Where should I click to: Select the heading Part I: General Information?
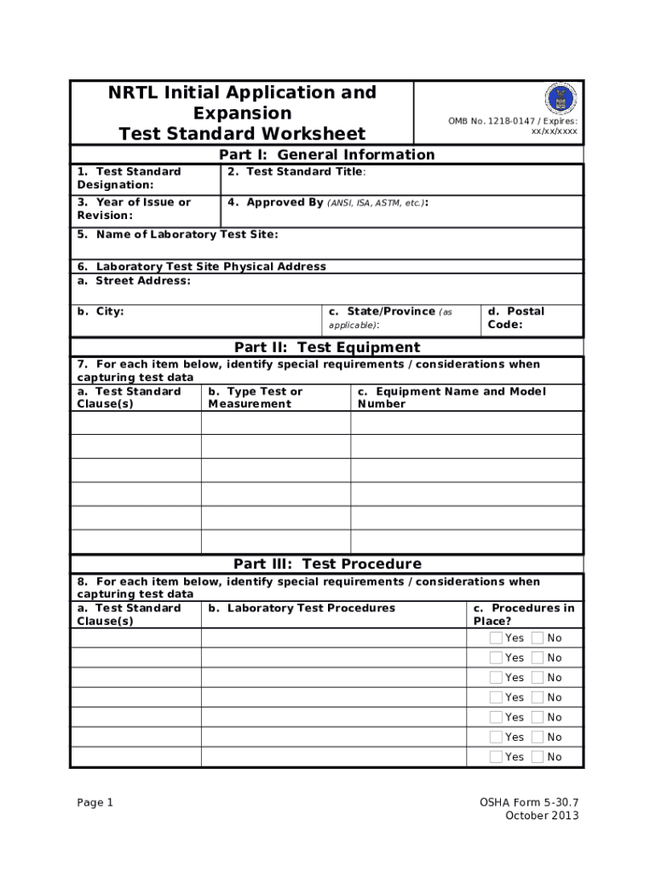pos(326,154)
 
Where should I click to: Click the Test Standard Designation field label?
pos(129,178)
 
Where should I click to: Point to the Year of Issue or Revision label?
pos(134,209)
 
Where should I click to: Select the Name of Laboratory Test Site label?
pos(177,234)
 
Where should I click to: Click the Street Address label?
pos(134,280)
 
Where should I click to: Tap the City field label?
pos(101,311)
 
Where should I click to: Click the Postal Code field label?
pos(516,318)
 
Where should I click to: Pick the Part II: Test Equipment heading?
pos(326,347)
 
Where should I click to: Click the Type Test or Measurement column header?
pos(255,397)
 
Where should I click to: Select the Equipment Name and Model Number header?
pos(451,397)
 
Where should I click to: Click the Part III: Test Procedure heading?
pos(326,564)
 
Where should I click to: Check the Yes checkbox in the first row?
pos(496,638)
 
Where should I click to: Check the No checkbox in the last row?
pos(537,757)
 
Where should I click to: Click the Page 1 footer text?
pos(95,802)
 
